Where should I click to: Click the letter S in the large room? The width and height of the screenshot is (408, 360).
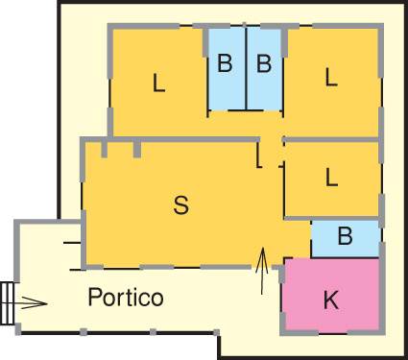(x=180, y=204)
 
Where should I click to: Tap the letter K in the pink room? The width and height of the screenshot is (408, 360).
(x=330, y=300)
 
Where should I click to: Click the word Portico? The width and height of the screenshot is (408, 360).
(x=126, y=297)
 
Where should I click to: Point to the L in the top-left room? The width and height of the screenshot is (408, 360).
(x=159, y=84)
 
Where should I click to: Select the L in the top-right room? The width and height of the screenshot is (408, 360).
(x=331, y=78)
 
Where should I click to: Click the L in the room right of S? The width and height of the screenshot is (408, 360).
(x=331, y=177)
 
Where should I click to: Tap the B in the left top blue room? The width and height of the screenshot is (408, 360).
(x=225, y=64)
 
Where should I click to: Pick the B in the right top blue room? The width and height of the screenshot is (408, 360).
(x=264, y=64)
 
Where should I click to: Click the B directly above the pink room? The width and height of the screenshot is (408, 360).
(x=346, y=234)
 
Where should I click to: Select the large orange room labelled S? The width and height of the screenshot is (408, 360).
(x=144, y=230)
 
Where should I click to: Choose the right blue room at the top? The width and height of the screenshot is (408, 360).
(x=265, y=91)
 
